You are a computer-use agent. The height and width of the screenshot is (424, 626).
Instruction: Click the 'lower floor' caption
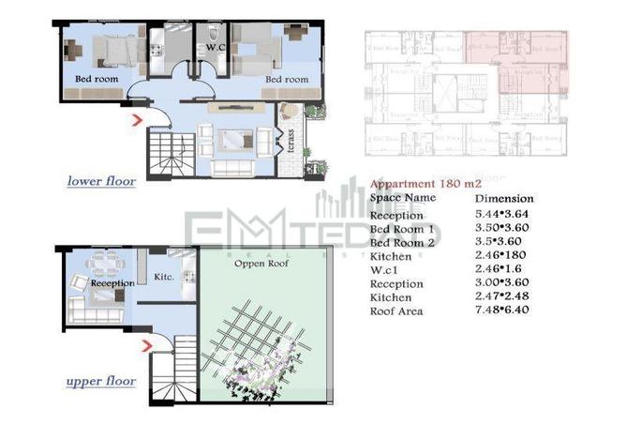coord(101,180)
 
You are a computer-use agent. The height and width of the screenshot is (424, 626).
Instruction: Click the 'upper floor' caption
coord(101,382)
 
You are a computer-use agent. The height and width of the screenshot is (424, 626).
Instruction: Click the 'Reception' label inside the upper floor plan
coord(112,280)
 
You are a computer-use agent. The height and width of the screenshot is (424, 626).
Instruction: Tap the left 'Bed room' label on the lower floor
coord(97,80)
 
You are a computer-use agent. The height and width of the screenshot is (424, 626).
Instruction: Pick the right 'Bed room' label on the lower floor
coord(286,80)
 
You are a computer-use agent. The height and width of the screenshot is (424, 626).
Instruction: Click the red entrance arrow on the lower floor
coord(138,119)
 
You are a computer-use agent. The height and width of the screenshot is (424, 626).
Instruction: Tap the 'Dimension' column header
coord(503,199)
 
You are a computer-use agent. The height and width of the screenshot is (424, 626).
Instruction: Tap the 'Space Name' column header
coord(403,199)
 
